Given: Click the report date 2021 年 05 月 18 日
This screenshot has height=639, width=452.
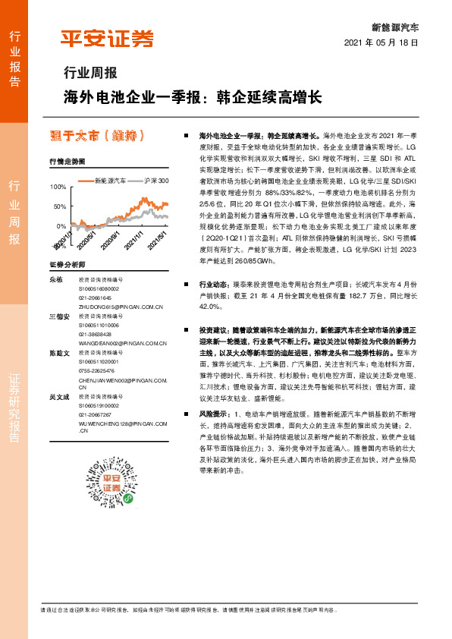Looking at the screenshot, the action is coord(381,44).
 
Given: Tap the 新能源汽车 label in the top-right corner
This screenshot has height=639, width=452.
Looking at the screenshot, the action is coord(394,27).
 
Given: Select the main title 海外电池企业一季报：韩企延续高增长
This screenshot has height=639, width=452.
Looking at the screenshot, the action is coord(193,98).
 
